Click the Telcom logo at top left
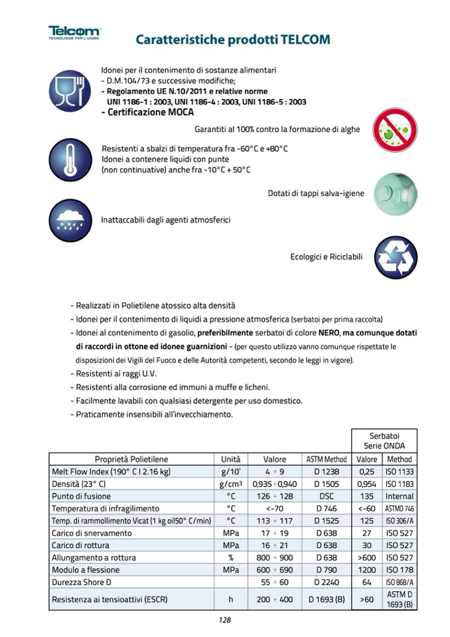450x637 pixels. (74, 33)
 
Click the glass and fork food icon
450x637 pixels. (70, 92)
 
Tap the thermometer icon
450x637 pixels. (70, 160)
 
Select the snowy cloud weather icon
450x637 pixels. (70, 220)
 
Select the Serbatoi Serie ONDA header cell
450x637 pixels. (384, 440)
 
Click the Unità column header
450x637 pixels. (231, 459)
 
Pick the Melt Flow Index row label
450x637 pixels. (111, 472)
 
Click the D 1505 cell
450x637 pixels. (327, 484)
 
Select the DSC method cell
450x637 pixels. (327, 496)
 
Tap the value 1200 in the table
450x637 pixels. (367, 570)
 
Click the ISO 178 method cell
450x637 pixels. (400, 570)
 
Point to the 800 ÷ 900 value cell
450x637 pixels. (275, 558)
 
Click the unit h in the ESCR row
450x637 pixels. (231, 600)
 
